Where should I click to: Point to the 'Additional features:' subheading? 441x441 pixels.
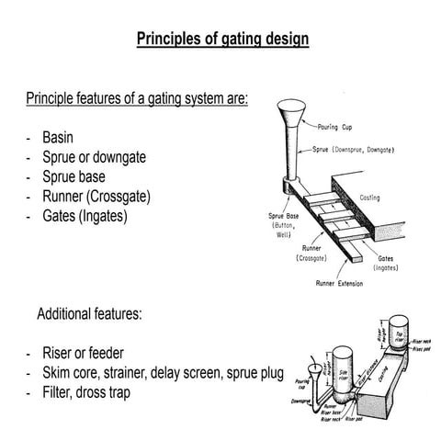tap(89, 313)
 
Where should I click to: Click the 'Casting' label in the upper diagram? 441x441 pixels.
tap(371, 197)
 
